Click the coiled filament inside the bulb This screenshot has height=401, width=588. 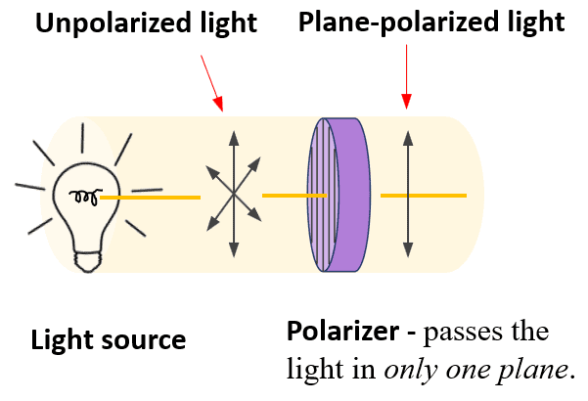click(83, 198)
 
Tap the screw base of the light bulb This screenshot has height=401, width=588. click(89, 255)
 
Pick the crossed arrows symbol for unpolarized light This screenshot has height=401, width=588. click(234, 196)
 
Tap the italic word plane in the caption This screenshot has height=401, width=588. click(529, 370)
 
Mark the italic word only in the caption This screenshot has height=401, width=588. click(405, 370)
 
